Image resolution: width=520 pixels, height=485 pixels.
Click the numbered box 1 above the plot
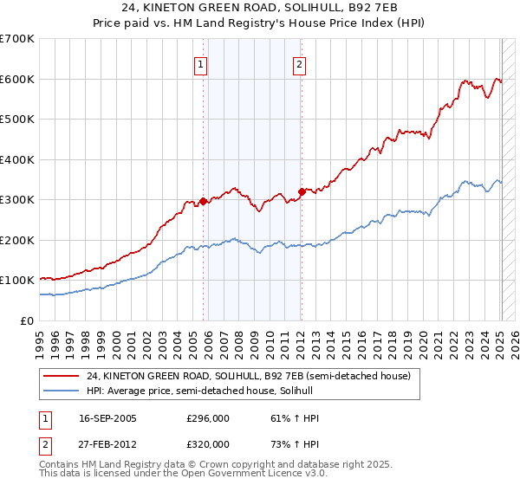[x=200, y=63]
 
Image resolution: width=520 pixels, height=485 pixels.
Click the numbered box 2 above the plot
[x=299, y=63]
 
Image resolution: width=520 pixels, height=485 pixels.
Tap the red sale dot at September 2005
[x=203, y=201]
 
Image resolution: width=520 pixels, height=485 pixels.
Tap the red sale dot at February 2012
[x=302, y=191]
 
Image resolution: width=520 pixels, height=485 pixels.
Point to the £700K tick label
[x=17, y=39]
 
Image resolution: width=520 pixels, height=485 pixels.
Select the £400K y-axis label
[x=17, y=159]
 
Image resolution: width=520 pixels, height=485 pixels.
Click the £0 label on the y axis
[x=28, y=320]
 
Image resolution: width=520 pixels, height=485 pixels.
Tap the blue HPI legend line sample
[x=62, y=391]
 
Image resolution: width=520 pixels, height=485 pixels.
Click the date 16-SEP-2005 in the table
[x=113, y=418]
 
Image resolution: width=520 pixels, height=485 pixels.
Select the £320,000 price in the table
[x=208, y=444]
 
